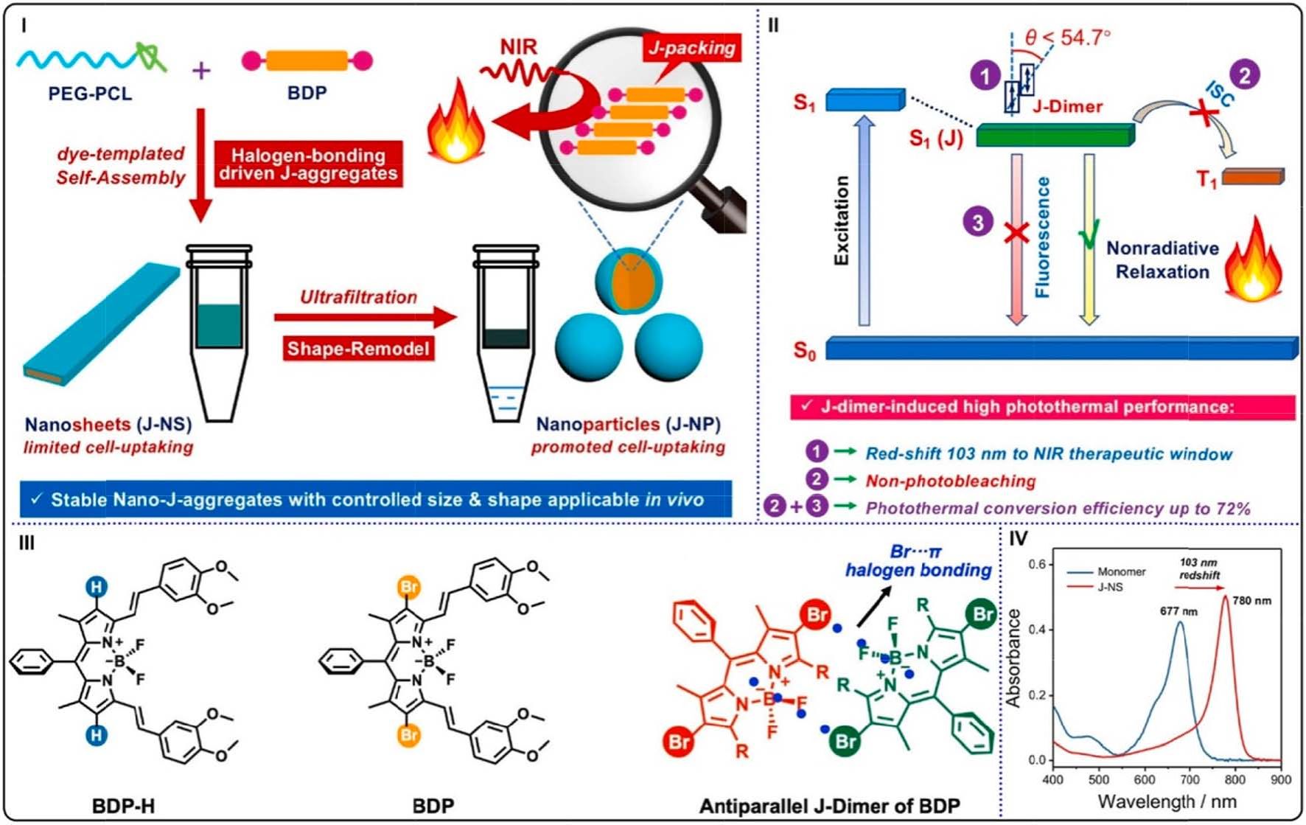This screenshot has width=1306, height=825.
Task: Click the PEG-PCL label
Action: [90, 94]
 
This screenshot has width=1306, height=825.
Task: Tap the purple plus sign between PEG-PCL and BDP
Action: [201, 70]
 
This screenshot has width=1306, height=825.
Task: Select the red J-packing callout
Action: [692, 48]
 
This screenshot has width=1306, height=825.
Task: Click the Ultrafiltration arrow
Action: [365, 318]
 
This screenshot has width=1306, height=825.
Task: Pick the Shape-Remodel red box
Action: [358, 348]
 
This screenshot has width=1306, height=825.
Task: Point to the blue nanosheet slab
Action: [102, 324]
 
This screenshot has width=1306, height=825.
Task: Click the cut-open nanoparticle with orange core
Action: [629, 281]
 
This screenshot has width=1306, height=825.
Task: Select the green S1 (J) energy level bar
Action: [1055, 136]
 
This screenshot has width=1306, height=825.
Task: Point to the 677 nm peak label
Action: [1179, 611]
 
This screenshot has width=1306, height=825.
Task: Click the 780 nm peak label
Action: [1252, 600]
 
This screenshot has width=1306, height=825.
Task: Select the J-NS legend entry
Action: [1109, 587]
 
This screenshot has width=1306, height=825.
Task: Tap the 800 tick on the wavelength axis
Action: [1235, 779]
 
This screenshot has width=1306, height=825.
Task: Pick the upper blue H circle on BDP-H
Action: [97, 587]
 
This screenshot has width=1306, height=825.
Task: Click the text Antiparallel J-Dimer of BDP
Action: [829, 806]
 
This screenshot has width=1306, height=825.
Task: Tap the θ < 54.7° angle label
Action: [1068, 38]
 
